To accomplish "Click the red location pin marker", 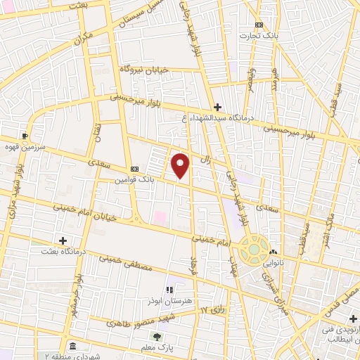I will pyautogui.click(x=181, y=165).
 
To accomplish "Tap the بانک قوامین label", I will pyautogui.click(x=135, y=181).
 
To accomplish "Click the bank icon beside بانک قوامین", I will pyautogui.click(x=134, y=169).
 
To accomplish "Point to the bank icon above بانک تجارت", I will pyautogui.click(x=258, y=24).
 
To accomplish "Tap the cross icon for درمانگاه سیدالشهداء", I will pyautogui.click(x=217, y=107).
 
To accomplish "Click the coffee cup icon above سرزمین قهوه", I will pyautogui.click(x=25, y=136).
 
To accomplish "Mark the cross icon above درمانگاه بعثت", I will pyautogui.click(x=63, y=240).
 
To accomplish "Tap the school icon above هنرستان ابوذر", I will pyautogui.click(x=169, y=288).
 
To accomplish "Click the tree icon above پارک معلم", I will pyautogui.click(x=157, y=337).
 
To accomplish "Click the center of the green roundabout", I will pyautogui.click(x=253, y=249).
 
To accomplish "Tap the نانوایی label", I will pyautogui.click(x=275, y=262).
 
